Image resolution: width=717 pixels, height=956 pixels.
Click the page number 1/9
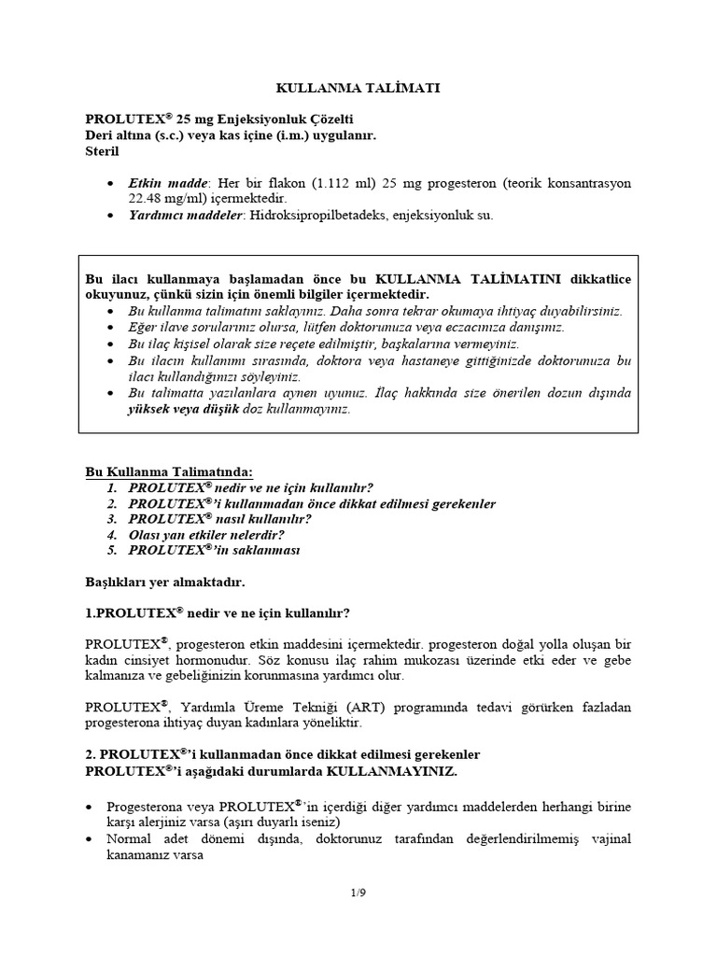[x=358, y=894]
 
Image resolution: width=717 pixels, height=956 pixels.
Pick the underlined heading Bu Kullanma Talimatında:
[x=169, y=472]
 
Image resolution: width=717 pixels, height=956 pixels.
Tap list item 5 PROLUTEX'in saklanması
[x=214, y=551]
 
